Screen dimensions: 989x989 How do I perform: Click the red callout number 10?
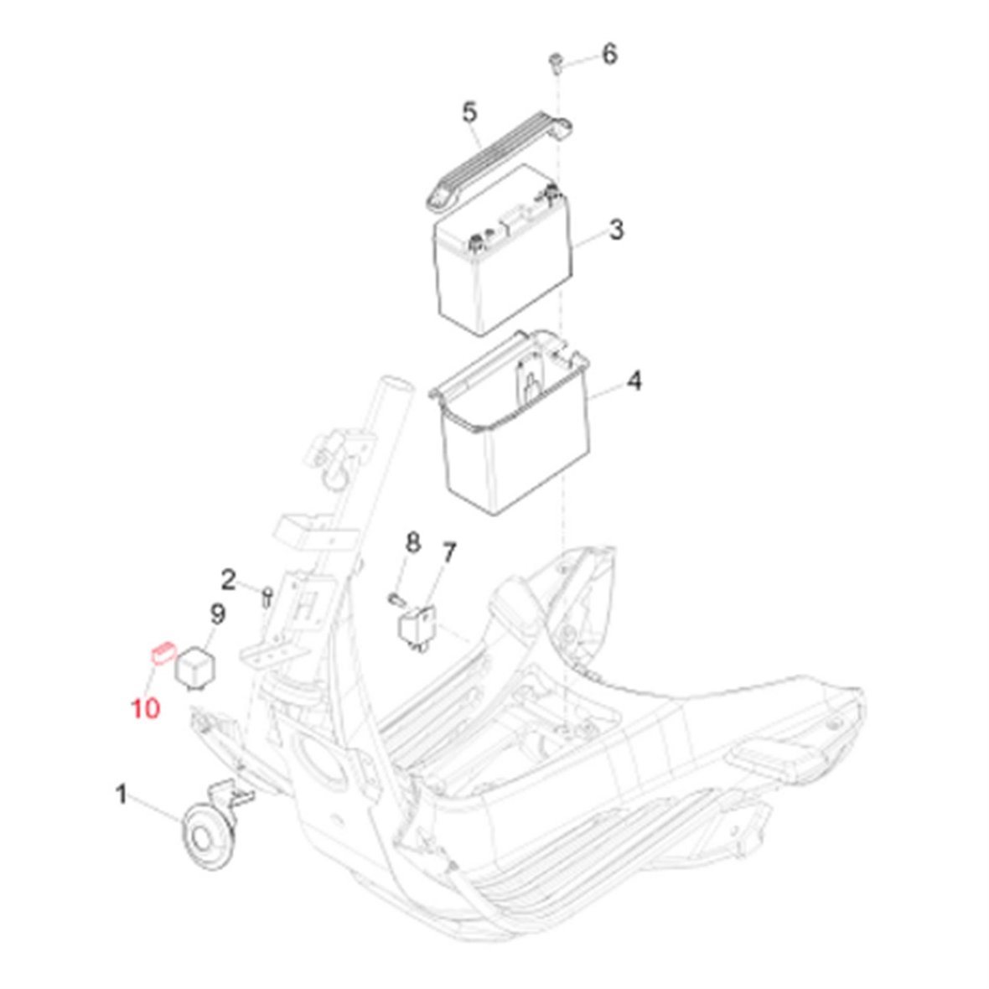145,707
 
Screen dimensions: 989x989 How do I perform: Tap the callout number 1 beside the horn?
122,794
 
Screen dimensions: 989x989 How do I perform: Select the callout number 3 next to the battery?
616,229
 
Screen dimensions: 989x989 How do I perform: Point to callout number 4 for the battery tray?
634,381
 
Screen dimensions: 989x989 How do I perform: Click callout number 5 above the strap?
470,113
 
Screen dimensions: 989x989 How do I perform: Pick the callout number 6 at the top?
609,54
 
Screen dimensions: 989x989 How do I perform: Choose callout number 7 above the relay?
448,553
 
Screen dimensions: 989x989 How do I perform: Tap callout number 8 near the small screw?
412,541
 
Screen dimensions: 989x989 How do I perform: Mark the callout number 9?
217,613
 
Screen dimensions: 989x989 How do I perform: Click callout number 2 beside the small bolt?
228,579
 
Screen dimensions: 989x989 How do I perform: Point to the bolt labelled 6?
556,64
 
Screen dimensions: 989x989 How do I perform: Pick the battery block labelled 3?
502,251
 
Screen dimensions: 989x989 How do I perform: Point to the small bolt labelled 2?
267,596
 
